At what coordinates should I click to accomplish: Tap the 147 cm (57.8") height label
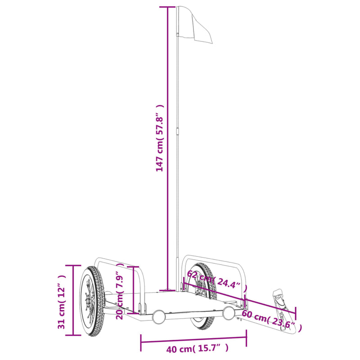coord(159,137)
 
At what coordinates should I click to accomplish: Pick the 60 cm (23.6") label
coord(268,319)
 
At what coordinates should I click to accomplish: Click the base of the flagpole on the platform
coord(168,289)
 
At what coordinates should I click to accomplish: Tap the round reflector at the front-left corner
coord(158,317)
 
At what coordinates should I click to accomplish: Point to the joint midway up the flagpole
coord(179,130)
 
